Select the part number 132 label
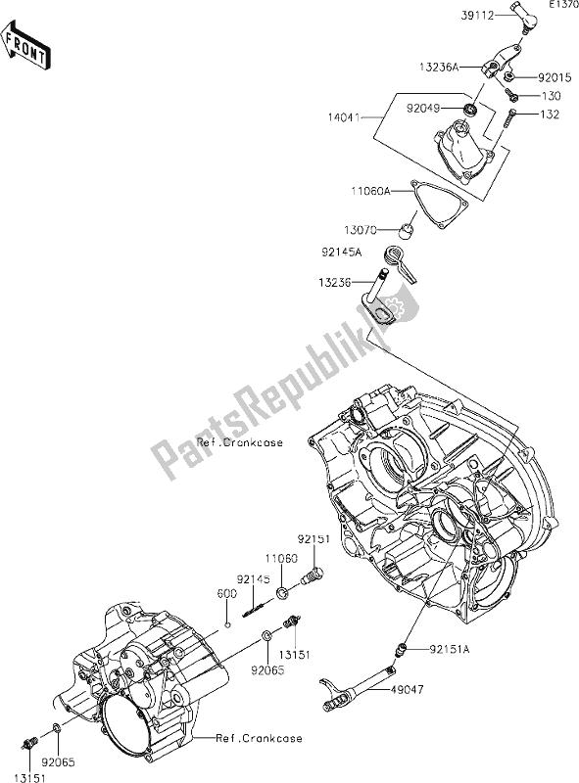pos(551,115)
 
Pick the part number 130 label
pos(551,96)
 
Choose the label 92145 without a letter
pos(252,579)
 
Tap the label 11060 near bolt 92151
pos(283,557)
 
